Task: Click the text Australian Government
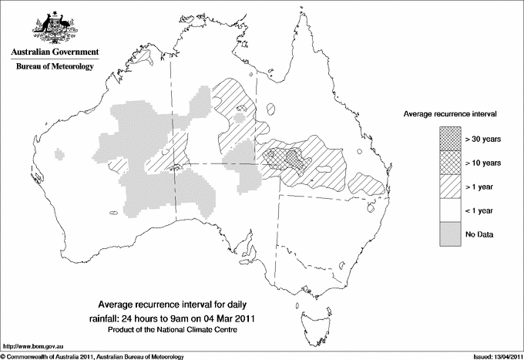[x=54, y=52]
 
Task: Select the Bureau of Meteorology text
[x=55, y=67]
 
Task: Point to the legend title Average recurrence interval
[x=450, y=113]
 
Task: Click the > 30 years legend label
[x=483, y=140]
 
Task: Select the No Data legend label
[x=479, y=233]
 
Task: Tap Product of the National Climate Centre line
[x=177, y=330]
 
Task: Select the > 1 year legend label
[x=481, y=186]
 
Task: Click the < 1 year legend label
[x=481, y=210]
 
